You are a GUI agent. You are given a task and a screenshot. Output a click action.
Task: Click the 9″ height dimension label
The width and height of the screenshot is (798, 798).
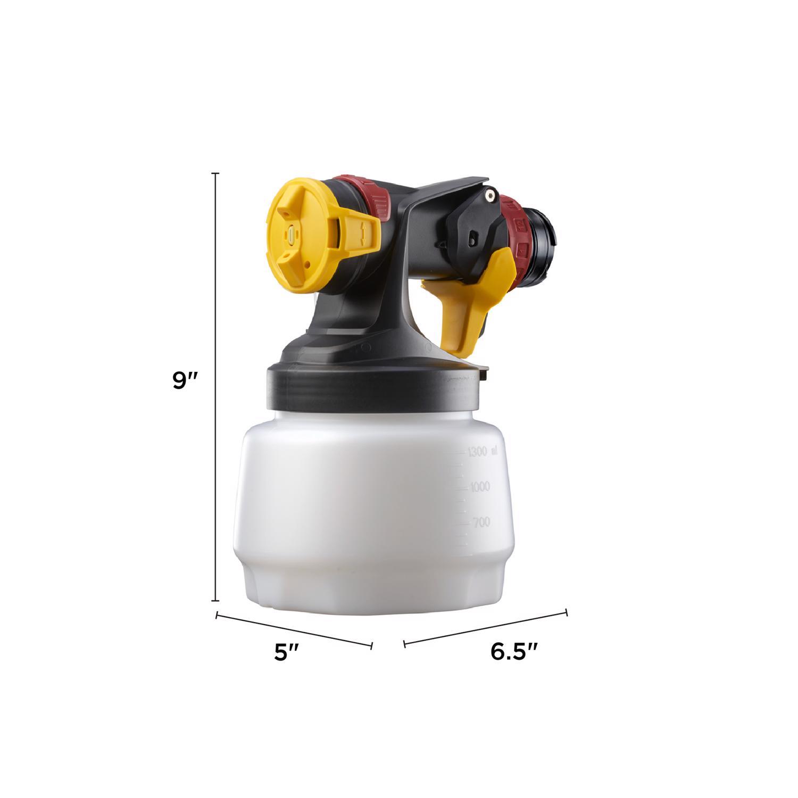point(185,381)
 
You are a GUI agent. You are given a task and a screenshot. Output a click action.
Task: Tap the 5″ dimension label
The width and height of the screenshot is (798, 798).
point(288,653)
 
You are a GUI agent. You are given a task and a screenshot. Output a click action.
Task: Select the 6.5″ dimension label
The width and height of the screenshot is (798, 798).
point(514,652)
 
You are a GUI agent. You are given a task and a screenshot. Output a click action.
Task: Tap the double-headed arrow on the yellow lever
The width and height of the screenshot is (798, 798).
point(363,234)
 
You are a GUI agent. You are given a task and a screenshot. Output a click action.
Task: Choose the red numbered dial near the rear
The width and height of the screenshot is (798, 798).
point(519,226)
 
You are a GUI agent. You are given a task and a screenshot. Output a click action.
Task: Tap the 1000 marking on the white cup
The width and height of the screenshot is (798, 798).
point(480,487)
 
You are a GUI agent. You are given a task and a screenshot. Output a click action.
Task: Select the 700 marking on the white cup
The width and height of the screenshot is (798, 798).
point(481,522)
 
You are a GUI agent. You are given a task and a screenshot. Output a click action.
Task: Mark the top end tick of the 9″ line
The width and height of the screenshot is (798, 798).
point(215,173)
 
